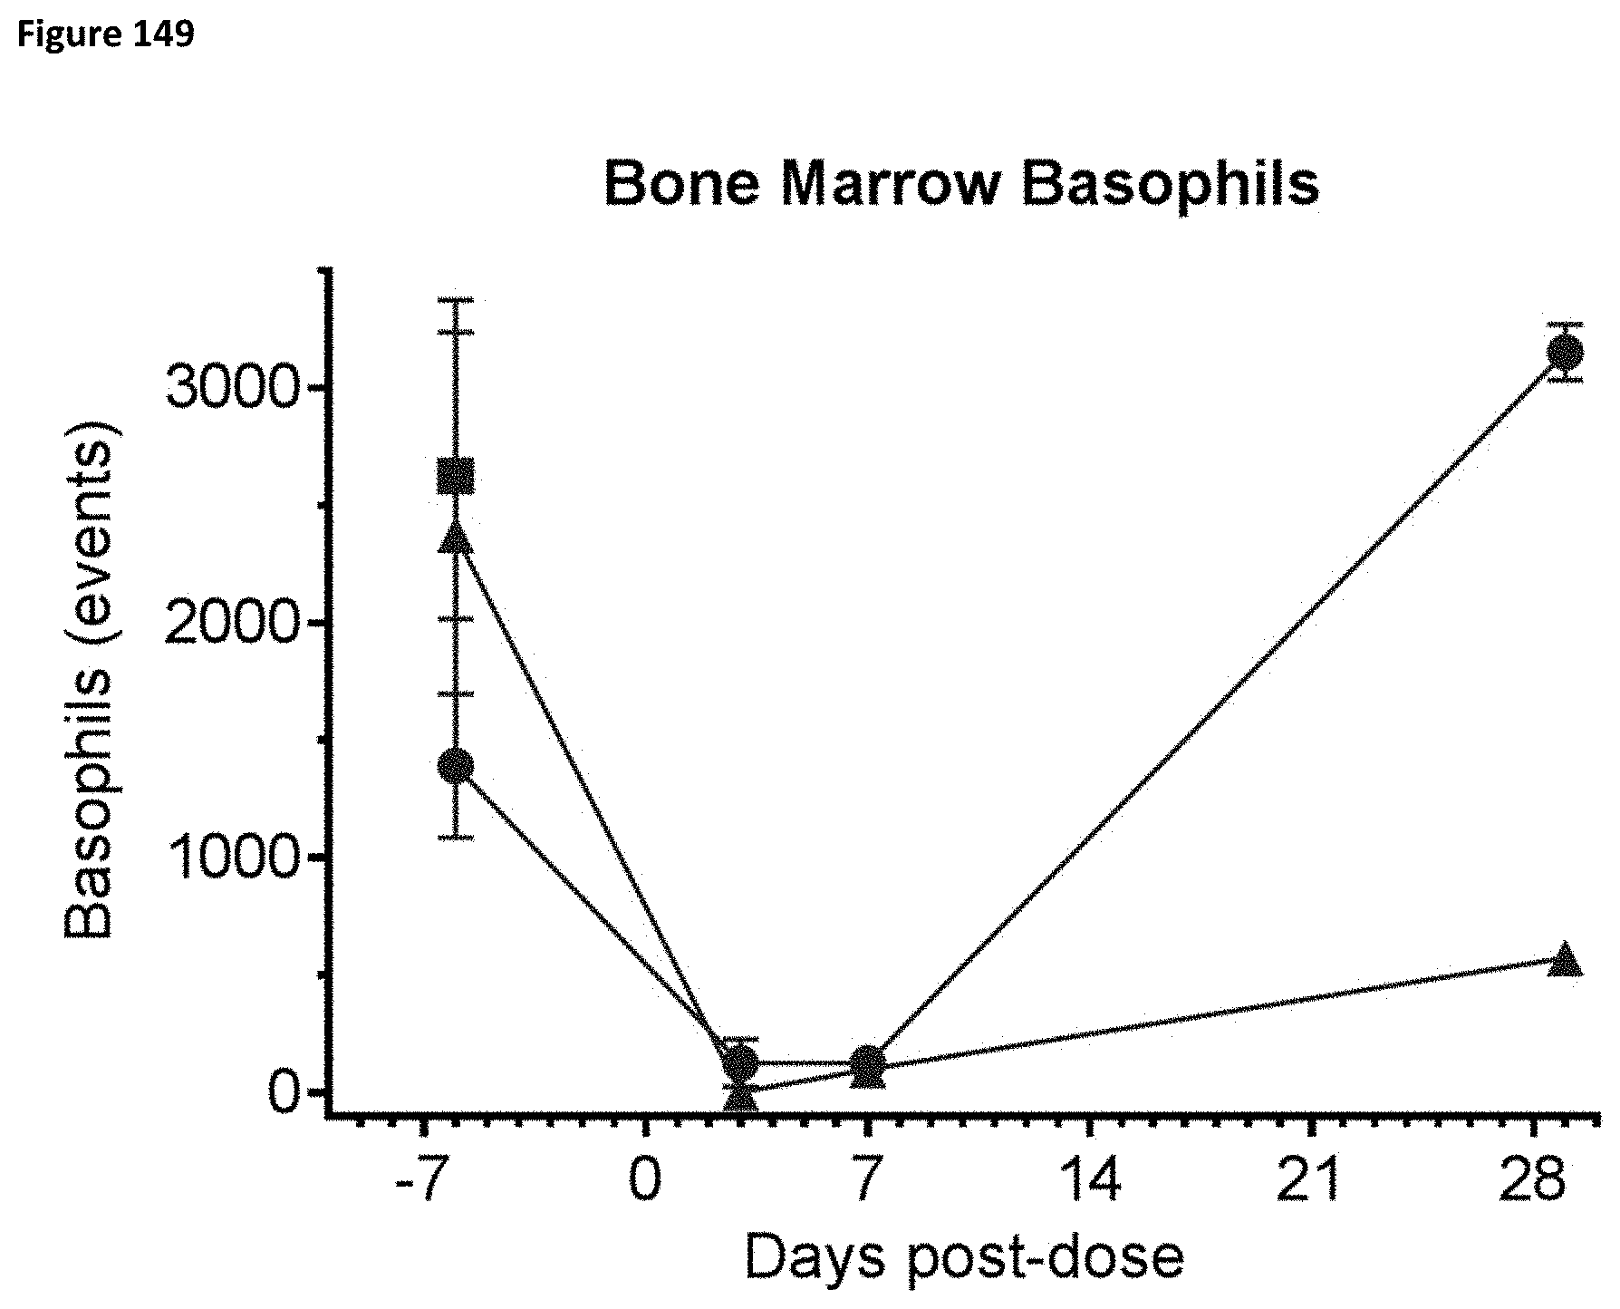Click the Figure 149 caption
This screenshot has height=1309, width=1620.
pyautogui.click(x=105, y=34)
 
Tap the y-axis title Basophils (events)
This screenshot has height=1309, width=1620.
pyautogui.click(x=91, y=680)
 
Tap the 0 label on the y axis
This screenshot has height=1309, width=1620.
pyautogui.click(x=283, y=1093)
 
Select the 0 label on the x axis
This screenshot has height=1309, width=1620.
pyautogui.click(x=645, y=1182)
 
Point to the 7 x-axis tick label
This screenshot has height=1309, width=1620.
pyautogui.click(x=867, y=1182)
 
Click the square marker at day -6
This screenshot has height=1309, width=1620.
pyautogui.click(x=456, y=476)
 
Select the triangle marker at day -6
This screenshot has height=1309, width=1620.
pyautogui.click(x=456, y=537)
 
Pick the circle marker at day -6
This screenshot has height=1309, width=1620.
pyautogui.click(x=456, y=766)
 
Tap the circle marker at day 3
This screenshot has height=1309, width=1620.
pyautogui.click(x=741, y=1062)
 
